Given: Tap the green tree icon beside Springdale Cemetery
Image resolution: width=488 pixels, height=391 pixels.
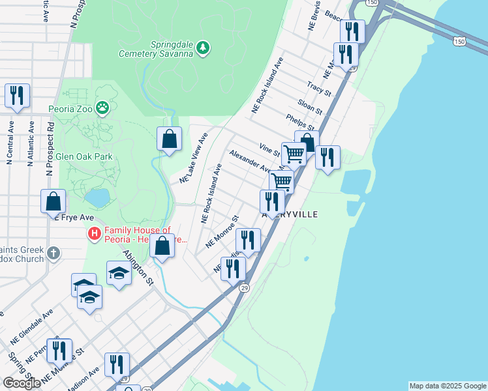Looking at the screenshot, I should [203, 47].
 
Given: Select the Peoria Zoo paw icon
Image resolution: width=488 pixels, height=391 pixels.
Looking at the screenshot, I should [102, 107].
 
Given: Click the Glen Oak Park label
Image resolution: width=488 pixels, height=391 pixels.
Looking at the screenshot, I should [84, 156].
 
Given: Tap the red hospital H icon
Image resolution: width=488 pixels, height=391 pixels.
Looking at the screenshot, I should [95, 233].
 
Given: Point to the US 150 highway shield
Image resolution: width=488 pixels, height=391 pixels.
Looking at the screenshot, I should [460, 41].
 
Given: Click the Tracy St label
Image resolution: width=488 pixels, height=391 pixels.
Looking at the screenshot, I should [319, 87].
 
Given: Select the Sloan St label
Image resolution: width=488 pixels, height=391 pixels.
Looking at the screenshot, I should [309, 103].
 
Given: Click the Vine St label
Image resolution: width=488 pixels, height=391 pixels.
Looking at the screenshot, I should [269, 150].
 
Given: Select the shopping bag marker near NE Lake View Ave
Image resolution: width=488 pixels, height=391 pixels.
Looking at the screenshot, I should [169, 139].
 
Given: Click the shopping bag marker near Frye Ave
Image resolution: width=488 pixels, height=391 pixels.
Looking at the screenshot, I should [53, 201].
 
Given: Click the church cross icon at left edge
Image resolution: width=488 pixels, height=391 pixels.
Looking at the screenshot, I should [53, 252].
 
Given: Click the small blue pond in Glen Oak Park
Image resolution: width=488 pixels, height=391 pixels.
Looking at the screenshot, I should [97, 196].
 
